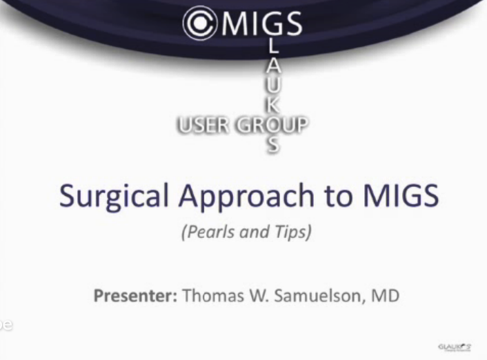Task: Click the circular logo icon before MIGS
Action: tap(200, 23)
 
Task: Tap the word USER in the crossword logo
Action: tap(203, 125)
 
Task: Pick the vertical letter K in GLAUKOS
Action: tap(274, 106)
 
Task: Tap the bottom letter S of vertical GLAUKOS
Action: tap(274, 145)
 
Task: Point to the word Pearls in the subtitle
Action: tap(208, 232)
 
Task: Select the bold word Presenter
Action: tap(135, 297)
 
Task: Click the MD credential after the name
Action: tap(385, 297)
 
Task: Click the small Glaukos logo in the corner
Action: tap(454, 346)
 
